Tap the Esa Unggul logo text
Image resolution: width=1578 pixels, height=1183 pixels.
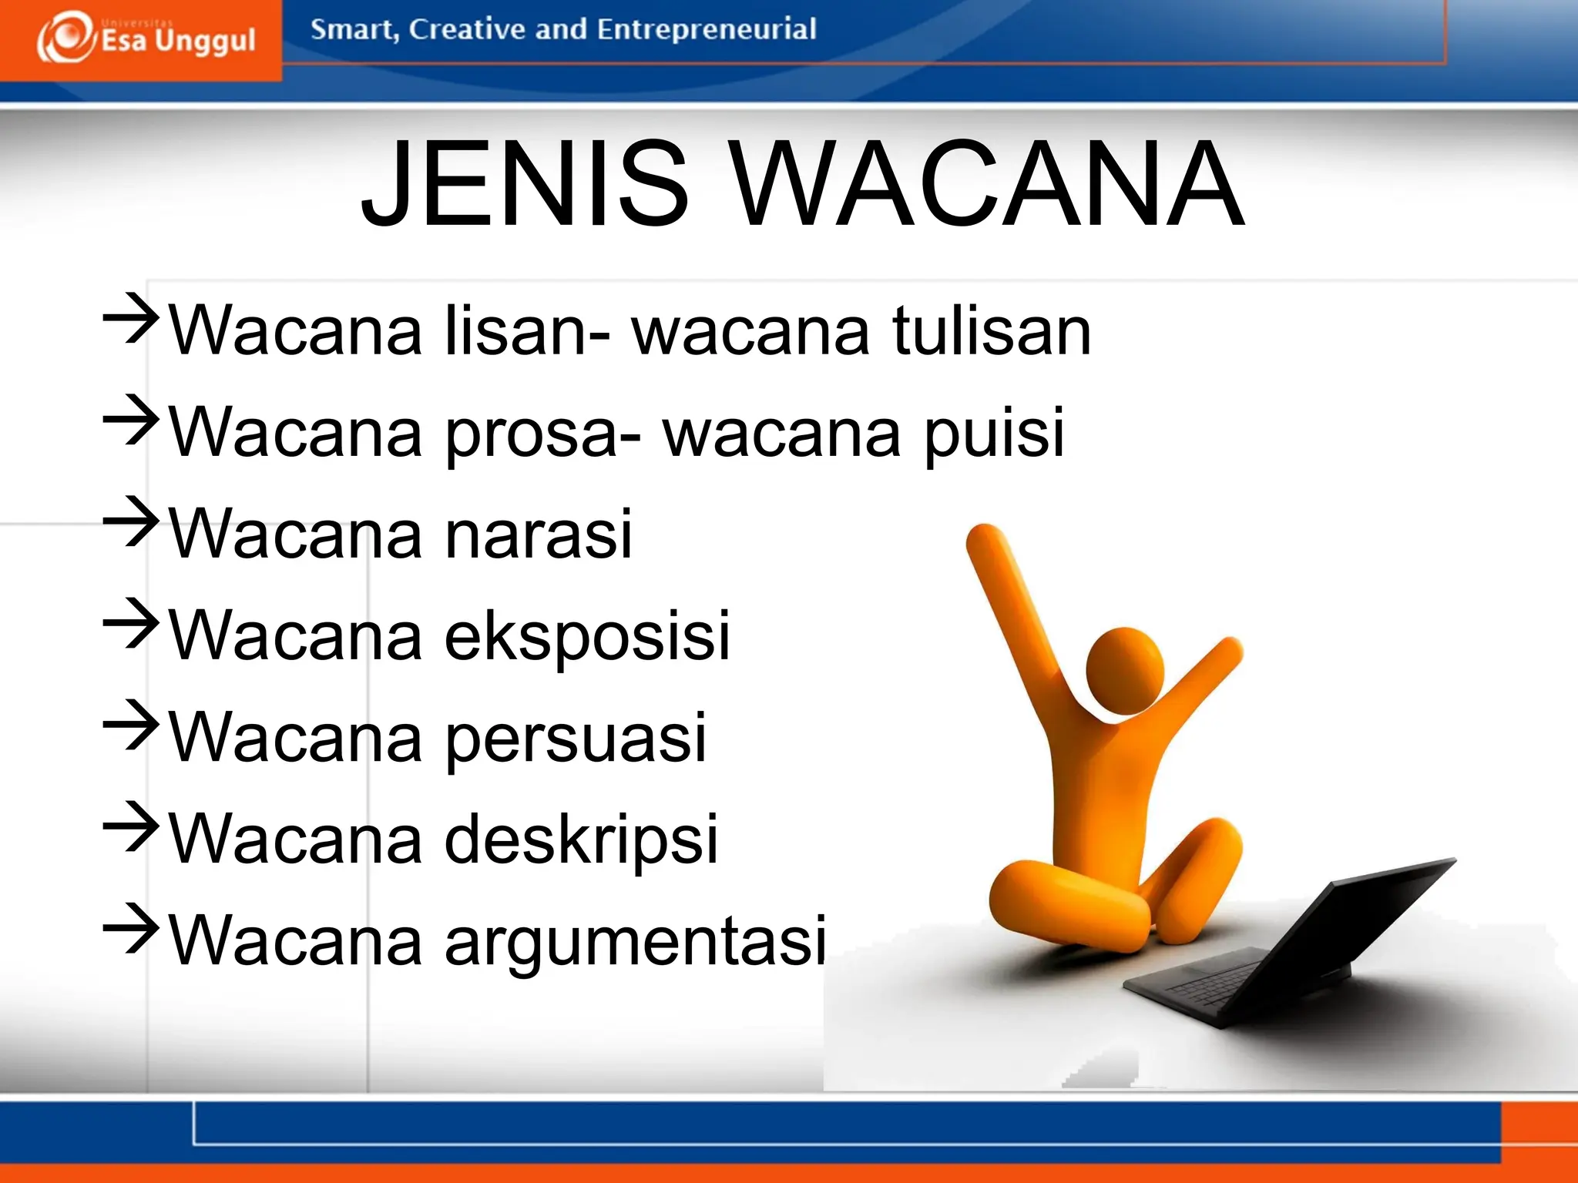(x=178, y=40)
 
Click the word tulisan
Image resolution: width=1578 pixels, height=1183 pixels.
(x=992, y=330)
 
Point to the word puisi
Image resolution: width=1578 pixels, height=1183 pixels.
(x=994, y=433)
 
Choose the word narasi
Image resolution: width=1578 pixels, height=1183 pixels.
(x=539, y=534)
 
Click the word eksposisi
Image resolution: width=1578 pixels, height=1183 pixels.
(x=587, y=636)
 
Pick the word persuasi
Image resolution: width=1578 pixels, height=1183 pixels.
(x=576, y=738)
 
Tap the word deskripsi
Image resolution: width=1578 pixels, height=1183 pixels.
(x=582, y=839)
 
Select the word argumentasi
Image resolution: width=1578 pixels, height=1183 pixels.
(x=636, y=941)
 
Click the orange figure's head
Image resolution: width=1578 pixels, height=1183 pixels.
(x=1124, y=670)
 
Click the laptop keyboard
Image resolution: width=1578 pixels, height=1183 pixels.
(x=1217, y=982)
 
